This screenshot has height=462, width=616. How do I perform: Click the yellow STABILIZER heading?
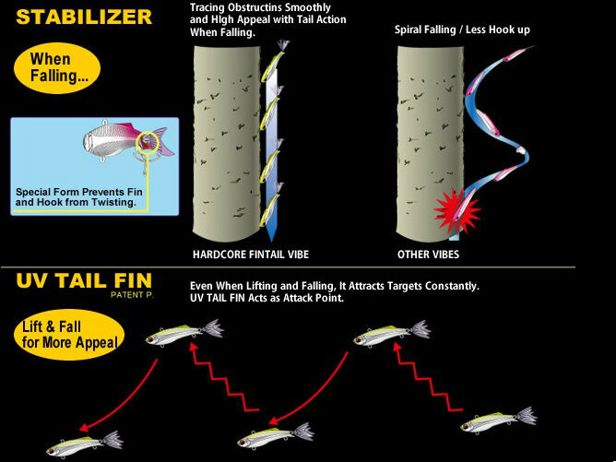click(84, 18)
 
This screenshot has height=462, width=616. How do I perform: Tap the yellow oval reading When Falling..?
click(57, 68)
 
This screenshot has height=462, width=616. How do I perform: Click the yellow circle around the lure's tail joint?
click(148, 143)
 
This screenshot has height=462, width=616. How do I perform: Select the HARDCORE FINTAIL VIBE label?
click(251, 255)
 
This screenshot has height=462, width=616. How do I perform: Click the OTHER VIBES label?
click(428, 255)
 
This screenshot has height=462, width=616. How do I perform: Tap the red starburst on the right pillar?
click(456, 212)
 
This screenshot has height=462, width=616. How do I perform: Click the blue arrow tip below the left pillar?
click(271, 239)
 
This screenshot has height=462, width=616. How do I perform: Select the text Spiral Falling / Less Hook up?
click(462, 30)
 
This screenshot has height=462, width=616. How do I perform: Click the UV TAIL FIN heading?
click(84, 281)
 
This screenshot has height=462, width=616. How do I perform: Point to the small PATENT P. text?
click(132, 295)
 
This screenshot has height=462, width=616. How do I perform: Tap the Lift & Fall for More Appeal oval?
click(69, 335)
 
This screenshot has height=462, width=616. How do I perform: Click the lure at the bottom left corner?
click(85, 444)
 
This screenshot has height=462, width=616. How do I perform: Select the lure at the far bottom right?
click(498, 421)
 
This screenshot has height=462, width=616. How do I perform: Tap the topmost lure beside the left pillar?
click(274, 60)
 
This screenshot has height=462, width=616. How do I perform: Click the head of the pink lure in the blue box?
click(92, 141)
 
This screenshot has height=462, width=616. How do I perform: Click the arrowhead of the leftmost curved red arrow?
click(84, 427)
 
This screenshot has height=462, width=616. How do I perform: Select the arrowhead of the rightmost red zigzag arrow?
click(397, 348)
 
